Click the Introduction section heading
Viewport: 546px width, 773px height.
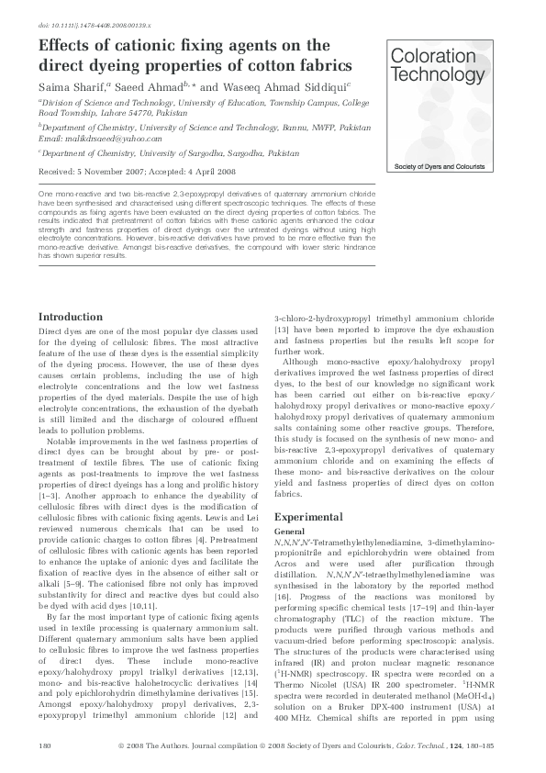[x=70, y=317]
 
